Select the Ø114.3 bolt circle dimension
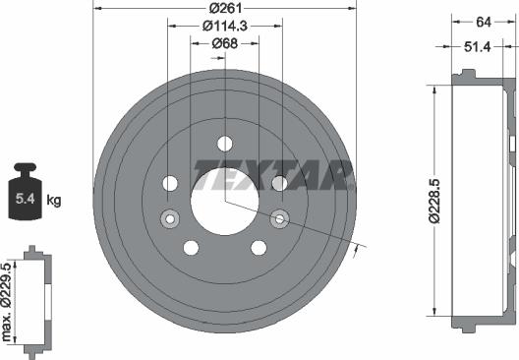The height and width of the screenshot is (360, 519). pyautogui.click(x=212, y=27)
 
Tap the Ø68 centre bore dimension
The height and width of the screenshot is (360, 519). pyautogui.click(x=224, y=44)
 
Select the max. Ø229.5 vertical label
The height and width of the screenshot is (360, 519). pyautogui.click(x=9, y=302)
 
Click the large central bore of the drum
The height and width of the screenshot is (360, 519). pyautogui.click(x=225, y=197)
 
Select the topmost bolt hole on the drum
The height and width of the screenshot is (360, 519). pyautogui.click(x=225, y=143)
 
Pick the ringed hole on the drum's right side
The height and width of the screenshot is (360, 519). pyautogui.click(x=279, y=218)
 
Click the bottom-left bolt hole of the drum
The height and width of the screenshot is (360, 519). pyautogui.click(x=191, y=247)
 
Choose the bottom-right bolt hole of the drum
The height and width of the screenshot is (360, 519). pyautogui.click(x=259, y=247)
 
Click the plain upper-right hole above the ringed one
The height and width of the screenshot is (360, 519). pyautogui.click(x=279, y=183)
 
